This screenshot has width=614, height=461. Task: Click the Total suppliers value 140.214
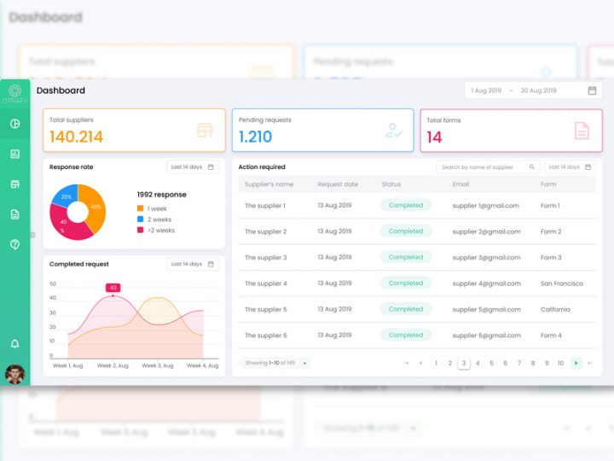coord(76,137)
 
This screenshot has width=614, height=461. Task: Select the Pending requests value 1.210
coord(255,137)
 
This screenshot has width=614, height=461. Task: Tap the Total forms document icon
coord(581,131)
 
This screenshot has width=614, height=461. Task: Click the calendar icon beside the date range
coord(592,90)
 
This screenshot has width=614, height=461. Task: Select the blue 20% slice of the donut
coord(65,196)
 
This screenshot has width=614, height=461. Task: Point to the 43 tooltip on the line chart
coord(113,288)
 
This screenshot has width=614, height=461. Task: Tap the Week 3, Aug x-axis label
coord(157,365)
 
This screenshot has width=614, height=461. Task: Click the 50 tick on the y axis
coord(53,283)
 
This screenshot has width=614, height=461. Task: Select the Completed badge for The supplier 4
coord(406,283)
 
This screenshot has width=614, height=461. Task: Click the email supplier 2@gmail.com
coord(485,231)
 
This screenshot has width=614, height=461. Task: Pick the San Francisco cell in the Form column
coord(561,283)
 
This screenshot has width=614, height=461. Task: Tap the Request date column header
coord(338,184)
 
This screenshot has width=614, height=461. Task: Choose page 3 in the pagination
coord(464,363)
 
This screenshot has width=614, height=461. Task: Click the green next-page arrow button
coord(576,363)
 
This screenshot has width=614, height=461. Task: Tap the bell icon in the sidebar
coord(14,343)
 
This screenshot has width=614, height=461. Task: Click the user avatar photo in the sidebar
coord(14,373)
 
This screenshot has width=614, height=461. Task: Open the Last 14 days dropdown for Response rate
coord(193,167)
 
